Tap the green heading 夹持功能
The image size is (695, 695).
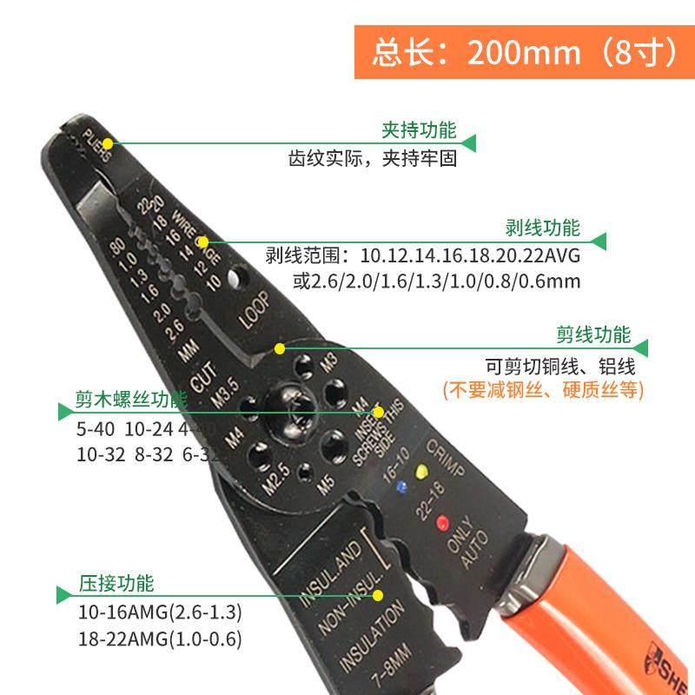click(419, 131)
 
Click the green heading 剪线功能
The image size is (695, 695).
click(593, 334)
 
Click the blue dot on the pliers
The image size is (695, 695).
click(400, 487)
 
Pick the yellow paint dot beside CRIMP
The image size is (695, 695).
click(423, 472)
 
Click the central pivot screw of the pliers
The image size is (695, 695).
click(287, 412)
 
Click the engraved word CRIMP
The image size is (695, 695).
click(446, 458)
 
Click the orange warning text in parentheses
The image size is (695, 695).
click(543, 390)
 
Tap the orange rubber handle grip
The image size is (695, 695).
click(608, 608)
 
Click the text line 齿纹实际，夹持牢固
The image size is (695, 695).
click(373, 160)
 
